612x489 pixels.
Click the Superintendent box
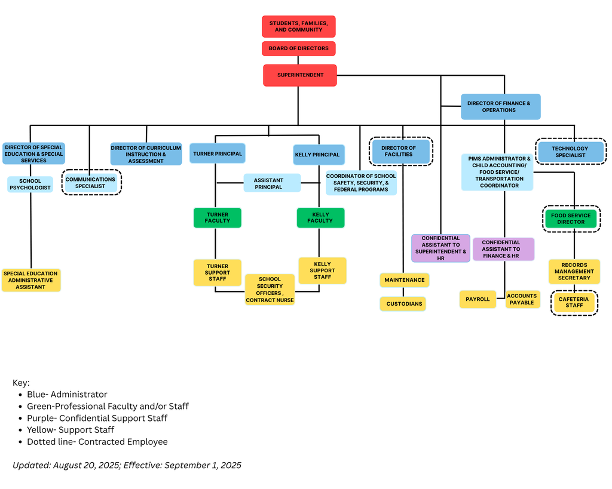click(x=300, y=75)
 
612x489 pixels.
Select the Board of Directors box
click(x=298, y=48)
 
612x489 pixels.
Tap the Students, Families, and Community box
click(x=298, y=26)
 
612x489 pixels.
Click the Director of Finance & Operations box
click(x=500, y=106)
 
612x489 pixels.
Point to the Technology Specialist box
click(x=570, y=152)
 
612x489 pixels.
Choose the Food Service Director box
click(x=571, y=219)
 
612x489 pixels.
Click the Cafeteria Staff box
click(x=574, y=302)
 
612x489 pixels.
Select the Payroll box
click(x=478, y=299)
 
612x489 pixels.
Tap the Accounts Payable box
click(x=522, y=299)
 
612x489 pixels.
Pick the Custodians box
click(x=403, y=304)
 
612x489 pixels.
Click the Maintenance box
click(x=404, y=280)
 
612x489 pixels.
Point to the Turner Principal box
click(x=218, y=153)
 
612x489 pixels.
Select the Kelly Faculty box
click(x=320, y=218)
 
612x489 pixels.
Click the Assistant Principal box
click(x=271, y=183)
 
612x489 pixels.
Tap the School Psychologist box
click(x=30, y=184)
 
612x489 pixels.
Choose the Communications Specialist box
click(x=90, y=183)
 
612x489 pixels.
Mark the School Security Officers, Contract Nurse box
click(x=270, y=290)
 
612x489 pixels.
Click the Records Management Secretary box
click(x=574, y=271)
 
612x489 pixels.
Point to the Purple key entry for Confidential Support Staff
click(x=97, y=418)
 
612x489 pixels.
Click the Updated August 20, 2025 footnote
click(x=127, y=465)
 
